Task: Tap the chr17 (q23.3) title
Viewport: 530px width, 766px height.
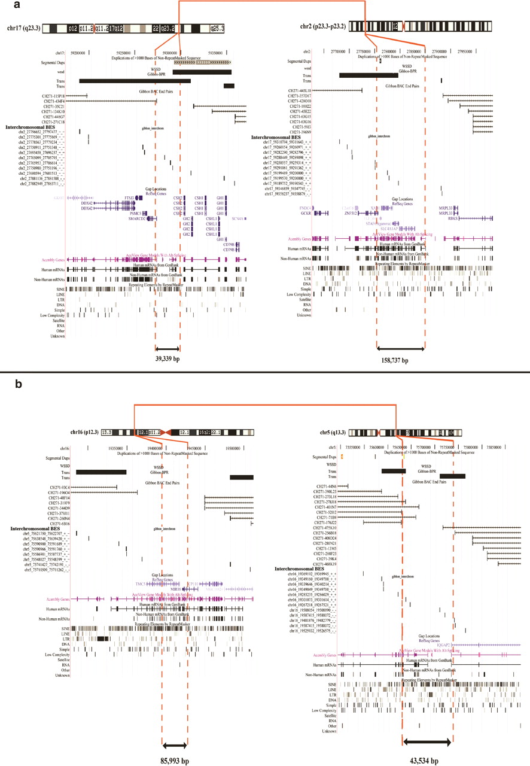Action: coord(23,28)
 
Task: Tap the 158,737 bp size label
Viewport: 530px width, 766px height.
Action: coord(400,360)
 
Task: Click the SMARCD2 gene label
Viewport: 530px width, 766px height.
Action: coord(134,218)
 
